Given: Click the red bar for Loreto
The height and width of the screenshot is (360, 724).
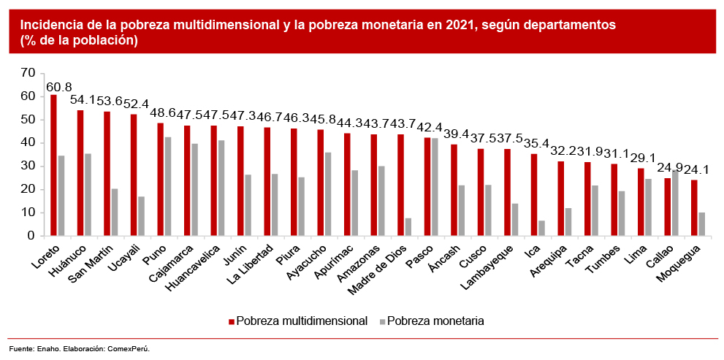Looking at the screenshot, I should (x=53, y=165).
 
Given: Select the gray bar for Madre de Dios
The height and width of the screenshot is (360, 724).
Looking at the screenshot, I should (x=408, y=227).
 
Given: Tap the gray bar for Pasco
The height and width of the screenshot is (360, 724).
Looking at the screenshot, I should (x=435, y=187).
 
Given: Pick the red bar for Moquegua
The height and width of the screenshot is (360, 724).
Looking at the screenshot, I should (x=694, y=207).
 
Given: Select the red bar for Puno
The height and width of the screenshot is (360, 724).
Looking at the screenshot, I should (x=160, y=179).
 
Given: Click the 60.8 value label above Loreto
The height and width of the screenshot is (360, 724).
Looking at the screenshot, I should (x=59, y=87).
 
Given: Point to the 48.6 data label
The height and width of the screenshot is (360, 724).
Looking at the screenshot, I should (x=162, y=115).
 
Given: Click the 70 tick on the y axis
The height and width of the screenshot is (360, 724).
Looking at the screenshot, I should (x=28, y=72).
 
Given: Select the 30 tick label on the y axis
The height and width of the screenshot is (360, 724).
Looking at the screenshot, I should (x=28, y=166).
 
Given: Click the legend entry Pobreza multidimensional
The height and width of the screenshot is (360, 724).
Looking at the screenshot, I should (x=301, y=321).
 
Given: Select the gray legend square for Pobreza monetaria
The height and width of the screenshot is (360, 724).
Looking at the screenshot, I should (x=382, y=321).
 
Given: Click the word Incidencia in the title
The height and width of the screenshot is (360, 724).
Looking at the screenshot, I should (x=37, y=25).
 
